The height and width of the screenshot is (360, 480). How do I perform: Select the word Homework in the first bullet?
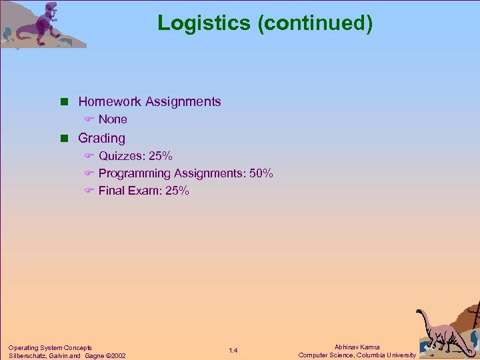pos(110,102)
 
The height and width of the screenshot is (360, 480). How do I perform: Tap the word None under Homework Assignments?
pos(113,120)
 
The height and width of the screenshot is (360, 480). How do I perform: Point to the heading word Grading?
pos(101,138)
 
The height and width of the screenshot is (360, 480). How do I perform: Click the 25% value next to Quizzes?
pos(161,156)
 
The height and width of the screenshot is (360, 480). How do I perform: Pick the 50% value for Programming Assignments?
pos(261,173)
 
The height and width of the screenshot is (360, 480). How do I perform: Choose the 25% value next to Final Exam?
pos(177,191)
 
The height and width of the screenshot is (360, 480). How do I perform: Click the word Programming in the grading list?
pos(135,173)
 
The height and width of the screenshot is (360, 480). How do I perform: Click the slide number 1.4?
pos(233,351)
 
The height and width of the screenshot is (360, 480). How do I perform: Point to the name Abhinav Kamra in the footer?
pos(357,347)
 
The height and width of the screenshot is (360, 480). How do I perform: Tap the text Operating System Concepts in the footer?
pos(50,347)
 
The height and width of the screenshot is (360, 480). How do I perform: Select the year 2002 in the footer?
pos(118,355)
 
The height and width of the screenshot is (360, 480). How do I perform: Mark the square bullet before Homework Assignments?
pos(65,102)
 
